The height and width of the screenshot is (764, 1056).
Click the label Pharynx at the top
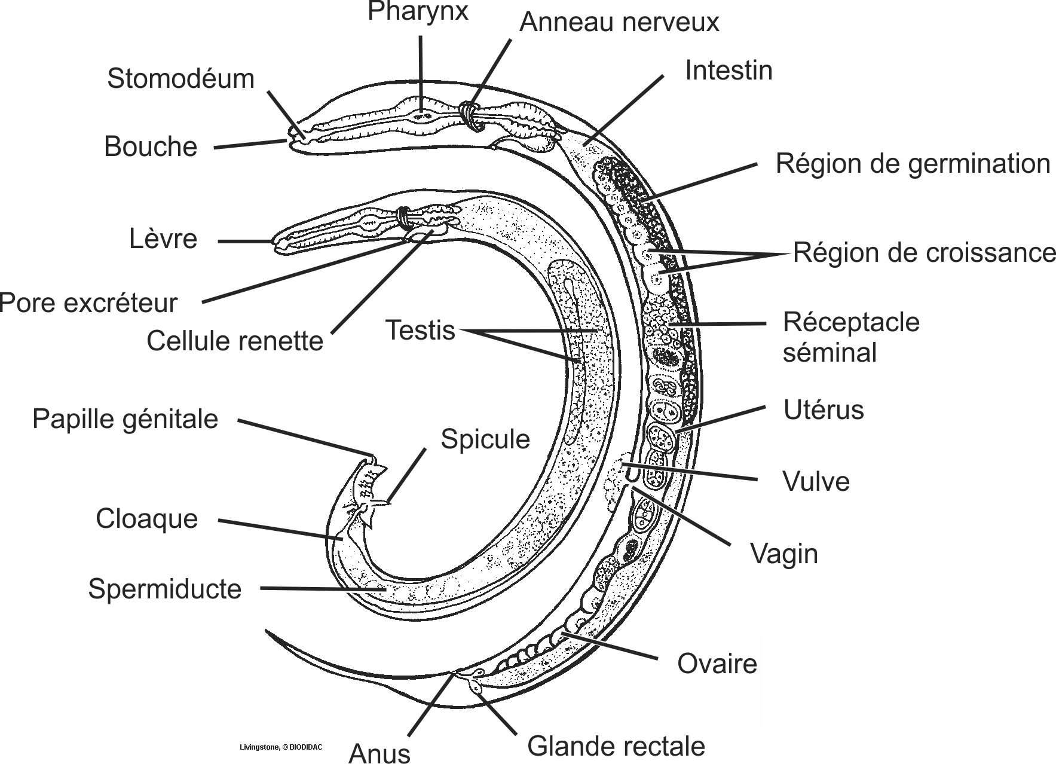tap(418, 11)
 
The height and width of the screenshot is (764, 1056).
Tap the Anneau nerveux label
tap(619, 23)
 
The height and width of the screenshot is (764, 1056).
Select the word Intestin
tap(729, 71)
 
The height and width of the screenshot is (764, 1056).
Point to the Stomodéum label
tap(180, 79)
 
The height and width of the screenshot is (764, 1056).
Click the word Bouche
tap(151, 147)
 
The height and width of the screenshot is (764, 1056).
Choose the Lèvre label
tap(163, 239)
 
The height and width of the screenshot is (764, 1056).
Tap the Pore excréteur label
tap(89, 303)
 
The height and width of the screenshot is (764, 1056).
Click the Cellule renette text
tap(235, 341)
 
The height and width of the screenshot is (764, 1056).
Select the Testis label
tap(420, 330)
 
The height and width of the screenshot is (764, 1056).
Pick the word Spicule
tap(485, 439)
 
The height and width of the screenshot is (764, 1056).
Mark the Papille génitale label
tap(125, 419)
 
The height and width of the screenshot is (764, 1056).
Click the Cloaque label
tap(146, 519)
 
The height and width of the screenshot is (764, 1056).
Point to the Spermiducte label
tap(165, 589)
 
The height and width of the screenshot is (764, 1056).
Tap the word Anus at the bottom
tap(379, 753)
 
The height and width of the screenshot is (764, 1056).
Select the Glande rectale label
tap(616, 747)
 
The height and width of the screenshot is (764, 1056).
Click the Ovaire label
tap(717, 664)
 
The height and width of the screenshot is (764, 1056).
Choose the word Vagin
tap(784, 554)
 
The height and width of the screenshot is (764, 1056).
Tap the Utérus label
tap(824, 411)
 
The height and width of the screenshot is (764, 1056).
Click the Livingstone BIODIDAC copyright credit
tap(281, 747)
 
